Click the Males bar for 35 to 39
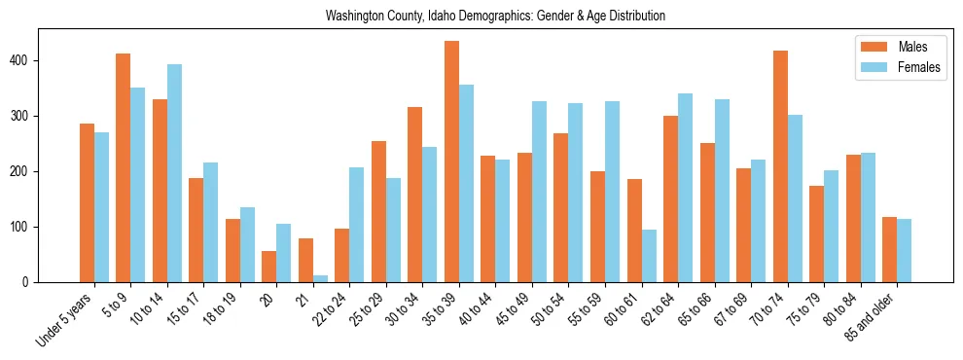coord(452,162)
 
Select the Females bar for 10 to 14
coord(174,173)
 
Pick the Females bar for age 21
coord(320,278)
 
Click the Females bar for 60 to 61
coord(649,256)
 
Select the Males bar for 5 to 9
coord(124,167)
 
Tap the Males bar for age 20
coord(269,267)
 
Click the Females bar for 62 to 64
coord(685,188)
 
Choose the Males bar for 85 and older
coord(889,250)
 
